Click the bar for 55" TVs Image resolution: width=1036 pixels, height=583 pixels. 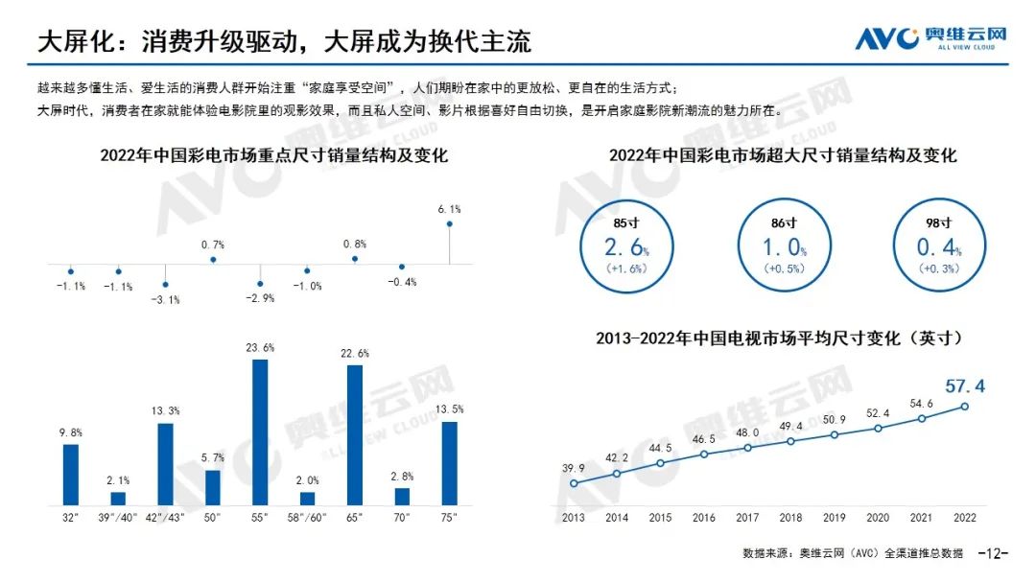point(260,432)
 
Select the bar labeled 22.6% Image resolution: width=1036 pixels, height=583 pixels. point(355,435)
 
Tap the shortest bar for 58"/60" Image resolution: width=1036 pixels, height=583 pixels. point(307,499)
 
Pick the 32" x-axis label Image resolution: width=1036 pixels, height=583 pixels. point(70,518)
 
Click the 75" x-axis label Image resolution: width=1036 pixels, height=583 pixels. point(449,518)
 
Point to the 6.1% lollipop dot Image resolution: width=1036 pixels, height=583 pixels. point(449,224)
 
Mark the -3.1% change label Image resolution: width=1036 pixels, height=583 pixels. point(166,299)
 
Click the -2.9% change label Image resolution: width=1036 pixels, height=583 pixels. point(260,298)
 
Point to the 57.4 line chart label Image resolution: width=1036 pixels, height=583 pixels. point(964,386)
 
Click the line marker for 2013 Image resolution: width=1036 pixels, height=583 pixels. point(574,483)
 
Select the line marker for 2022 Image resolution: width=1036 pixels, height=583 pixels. point(965,407)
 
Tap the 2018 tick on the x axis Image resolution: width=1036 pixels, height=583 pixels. point(790,518)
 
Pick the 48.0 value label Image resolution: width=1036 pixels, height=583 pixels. point(747,431)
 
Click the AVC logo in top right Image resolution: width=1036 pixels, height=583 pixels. point(931,38)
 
